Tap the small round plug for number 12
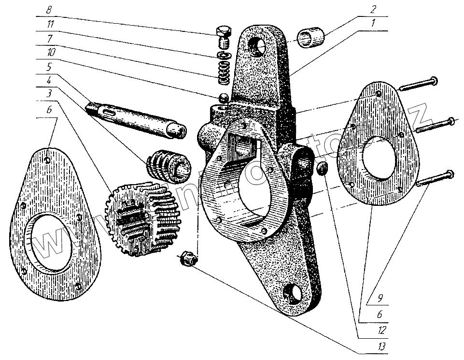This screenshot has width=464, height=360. (323, 169)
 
